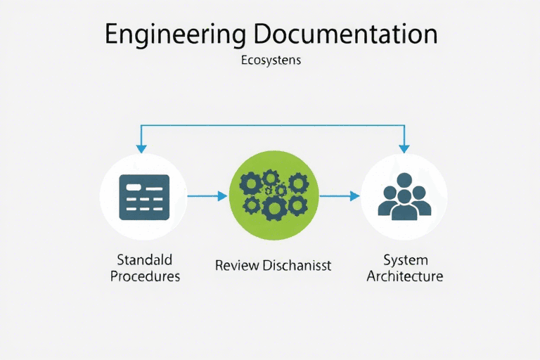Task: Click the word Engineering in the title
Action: click(x=176, y=34)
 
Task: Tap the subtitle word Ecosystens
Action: click(x=270, y=60)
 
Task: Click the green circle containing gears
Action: click(x=274, y=195)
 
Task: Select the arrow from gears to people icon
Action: click(x=340, y=195)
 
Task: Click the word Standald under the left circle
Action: click(x=145, y=260)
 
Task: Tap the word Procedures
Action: click(x=145, y=276)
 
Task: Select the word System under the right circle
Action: click(x=404, y=260)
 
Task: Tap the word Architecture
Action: click(x=404, y=276)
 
